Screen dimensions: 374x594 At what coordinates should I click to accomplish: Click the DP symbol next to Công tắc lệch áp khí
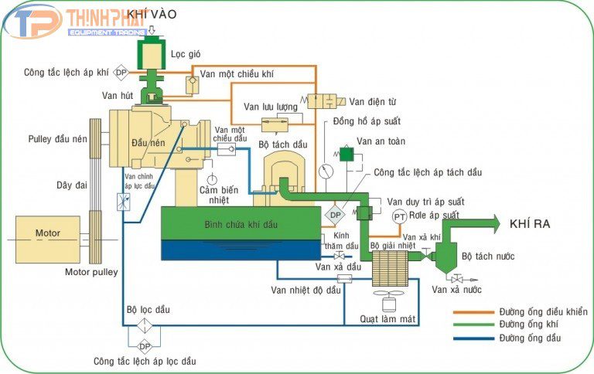click(x=121, y=73)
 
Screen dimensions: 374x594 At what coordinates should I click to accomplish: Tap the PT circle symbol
click(x=399, y=217)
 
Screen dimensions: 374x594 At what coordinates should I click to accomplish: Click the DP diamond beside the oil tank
click(x=336, y=215)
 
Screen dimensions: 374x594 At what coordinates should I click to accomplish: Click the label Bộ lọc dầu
click(x=148, y=310)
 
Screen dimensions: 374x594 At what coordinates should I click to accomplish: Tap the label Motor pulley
click(x=91, y=272)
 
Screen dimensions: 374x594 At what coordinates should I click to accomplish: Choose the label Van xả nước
click(x=456, y=290)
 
